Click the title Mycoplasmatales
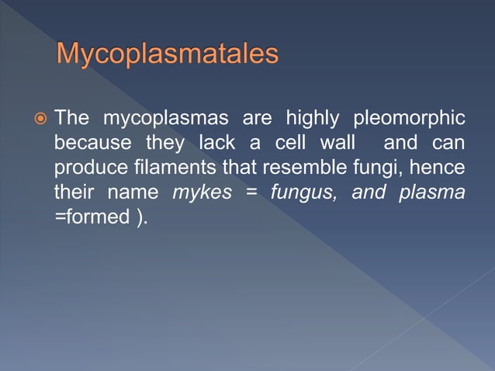(168, 55)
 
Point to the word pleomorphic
(409, 120)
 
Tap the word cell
(285, 144)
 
